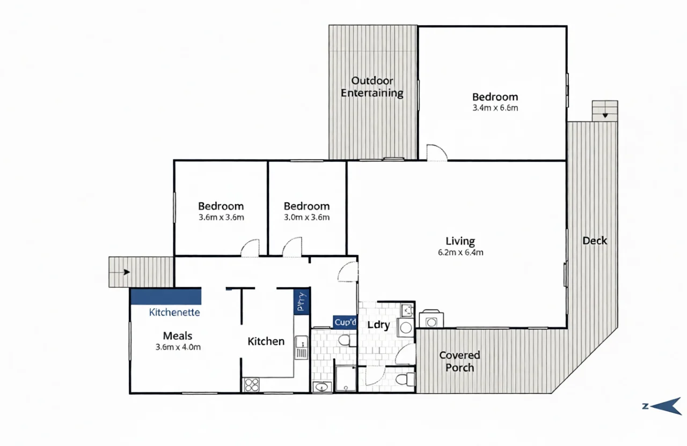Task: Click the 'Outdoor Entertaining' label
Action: tap(372, 87)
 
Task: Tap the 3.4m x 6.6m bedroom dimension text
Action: tap(495, 108)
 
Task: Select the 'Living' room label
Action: tap(460, 241)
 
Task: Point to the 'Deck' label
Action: tap(595, 241)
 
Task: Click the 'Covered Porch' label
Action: tap(459, 361)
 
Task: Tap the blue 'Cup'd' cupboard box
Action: tap(345, 322)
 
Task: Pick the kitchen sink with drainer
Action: tap(301, 347)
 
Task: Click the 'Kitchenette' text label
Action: tap(174, 312)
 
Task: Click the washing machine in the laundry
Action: tap(406, 328)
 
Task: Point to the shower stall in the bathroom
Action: tap(346, 378)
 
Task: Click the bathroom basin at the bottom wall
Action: tap(322, 386)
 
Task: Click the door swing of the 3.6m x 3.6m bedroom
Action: tap(250, 248)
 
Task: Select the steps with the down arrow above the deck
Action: tap(605, 111)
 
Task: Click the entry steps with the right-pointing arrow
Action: tap(141, 272)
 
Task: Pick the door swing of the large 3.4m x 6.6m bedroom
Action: tap(436, 153)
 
